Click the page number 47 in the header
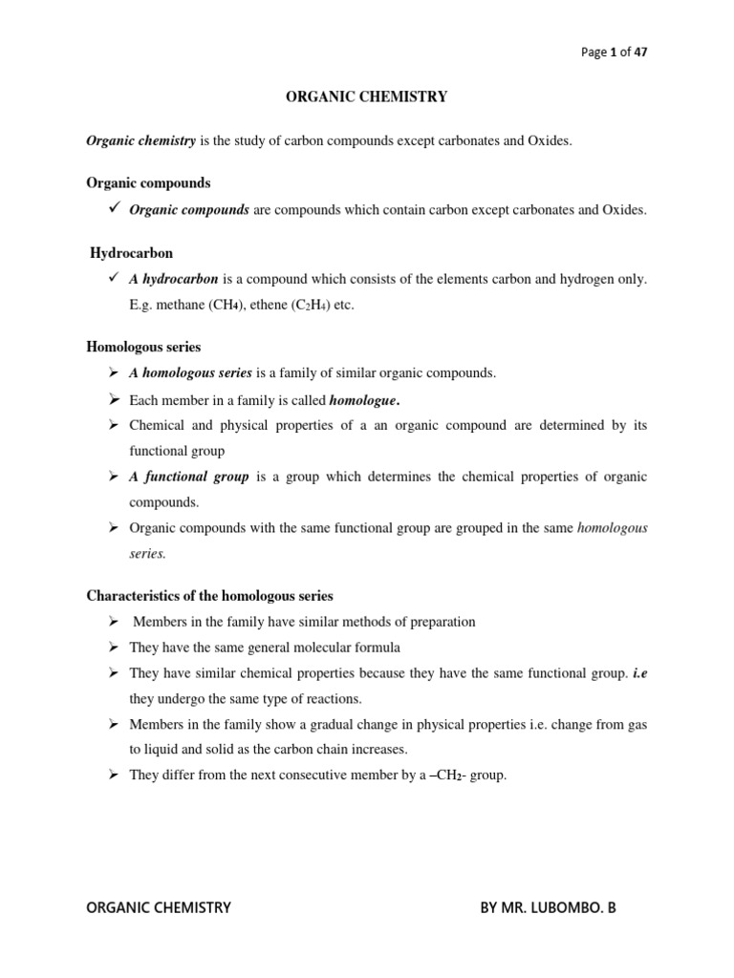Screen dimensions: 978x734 point(640,53)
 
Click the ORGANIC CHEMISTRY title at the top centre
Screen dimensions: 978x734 point(367,96)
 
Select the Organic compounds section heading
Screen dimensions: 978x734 point(148,182)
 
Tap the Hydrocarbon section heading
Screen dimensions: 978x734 point(131,253)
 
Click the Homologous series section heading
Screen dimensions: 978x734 point(143,348)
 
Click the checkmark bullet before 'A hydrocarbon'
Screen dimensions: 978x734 point(114,278)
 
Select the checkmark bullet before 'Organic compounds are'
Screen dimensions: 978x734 point(114,208)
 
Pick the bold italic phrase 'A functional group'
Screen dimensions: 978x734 point(188,477)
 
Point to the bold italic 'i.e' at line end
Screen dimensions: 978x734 point(639,673)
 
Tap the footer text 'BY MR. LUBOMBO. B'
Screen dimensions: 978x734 point(548,907)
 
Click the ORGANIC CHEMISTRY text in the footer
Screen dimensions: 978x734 point(159,907)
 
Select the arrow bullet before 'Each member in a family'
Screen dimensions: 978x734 point(113,399)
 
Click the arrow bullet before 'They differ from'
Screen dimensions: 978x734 point(113,776)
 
